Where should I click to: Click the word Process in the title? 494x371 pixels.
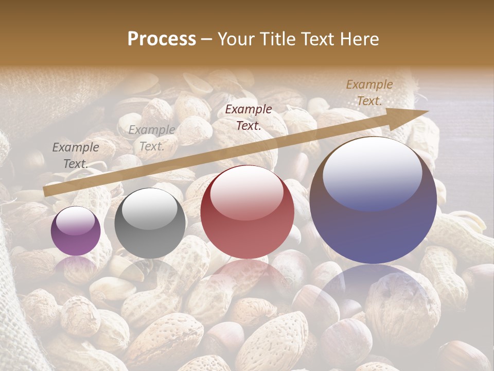pyautogui.click(x=162, y=39)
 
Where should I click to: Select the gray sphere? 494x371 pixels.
pyautogui.click(x=150, y=224)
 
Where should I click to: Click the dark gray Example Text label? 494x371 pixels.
pyautogui.click(x=76, y=156)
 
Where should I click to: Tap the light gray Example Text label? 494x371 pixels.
pyautogui.click(x=152, y=138)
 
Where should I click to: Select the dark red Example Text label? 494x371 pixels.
pyautogui.click(x=249, y=117)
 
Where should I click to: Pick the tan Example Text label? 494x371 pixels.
pyautogui.click(x=369, y=93)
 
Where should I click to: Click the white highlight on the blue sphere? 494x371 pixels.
pyautogui.click(x=372, y=173)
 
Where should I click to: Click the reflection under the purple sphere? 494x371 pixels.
pyautogui.click(x=76, y=265)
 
